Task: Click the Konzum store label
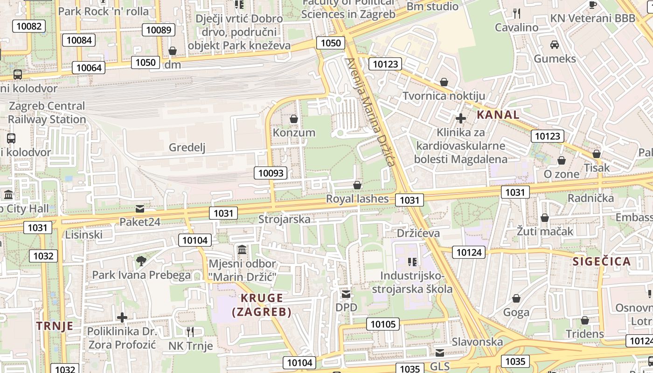(294, 132)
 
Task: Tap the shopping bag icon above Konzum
(294, 119)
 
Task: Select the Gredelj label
(187, 147)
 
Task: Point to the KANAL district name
(498, 115)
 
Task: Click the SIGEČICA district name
(602, 261)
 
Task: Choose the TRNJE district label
(55, 325)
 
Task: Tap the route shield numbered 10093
(271, 173)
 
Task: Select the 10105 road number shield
(383, 324)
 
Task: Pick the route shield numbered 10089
(159, 30)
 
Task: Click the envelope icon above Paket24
(139, 208)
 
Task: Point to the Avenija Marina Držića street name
(371, 112)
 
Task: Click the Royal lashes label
(357, 199)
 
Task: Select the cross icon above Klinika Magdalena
(460, 118)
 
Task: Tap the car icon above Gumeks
(555, 45)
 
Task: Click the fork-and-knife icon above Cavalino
(516, 13)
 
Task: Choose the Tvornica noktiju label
(444, 96)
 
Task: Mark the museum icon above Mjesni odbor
(242, 250)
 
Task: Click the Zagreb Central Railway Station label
(47, 112)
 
